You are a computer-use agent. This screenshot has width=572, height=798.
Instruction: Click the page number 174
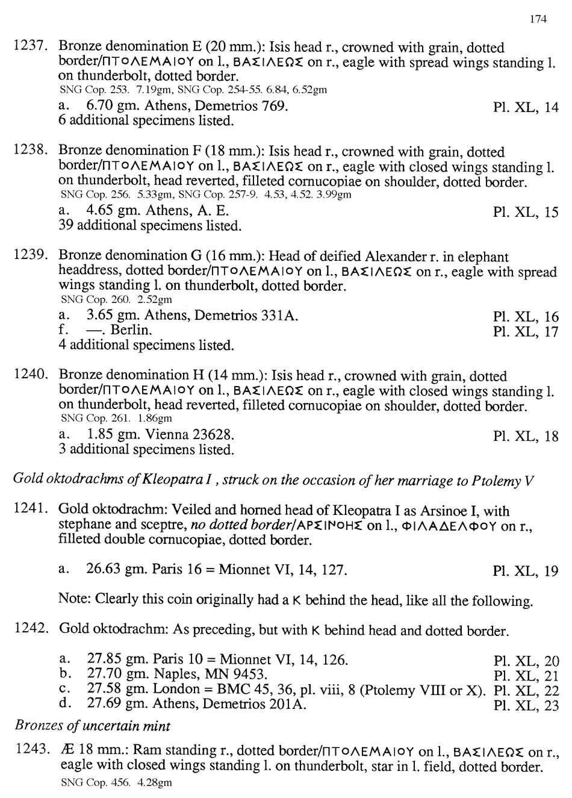pos(538,19)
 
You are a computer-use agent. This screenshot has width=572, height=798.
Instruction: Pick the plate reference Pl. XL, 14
pos(525,108)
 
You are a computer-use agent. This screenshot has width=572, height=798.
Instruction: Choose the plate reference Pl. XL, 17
pos(525,332)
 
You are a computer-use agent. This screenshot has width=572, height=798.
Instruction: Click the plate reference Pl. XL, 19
pos(525,571)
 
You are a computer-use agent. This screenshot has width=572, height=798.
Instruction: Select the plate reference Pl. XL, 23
pos(525,705)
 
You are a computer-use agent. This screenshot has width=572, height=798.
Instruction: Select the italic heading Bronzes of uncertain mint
pos(92,725)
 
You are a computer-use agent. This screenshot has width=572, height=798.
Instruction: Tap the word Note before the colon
pos(73,599)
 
